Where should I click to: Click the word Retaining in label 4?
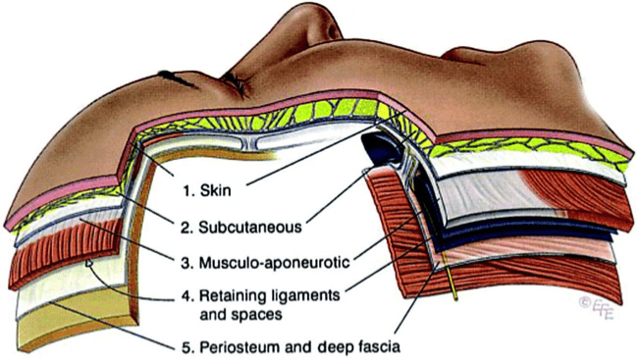pos(236,296)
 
